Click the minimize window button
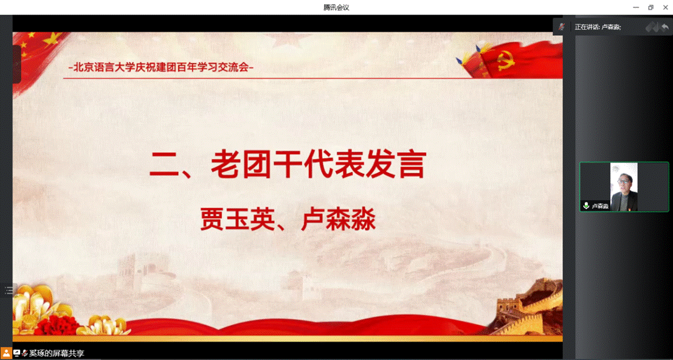pos(637,7)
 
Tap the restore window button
pos(651,7)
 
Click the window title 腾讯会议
pos(336,7)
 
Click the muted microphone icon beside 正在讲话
pos(561,27)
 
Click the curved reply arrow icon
pos(665,27)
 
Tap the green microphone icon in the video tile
pos(586,206)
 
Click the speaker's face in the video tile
pos(623,182)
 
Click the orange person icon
pos(6,353)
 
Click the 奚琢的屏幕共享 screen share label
pos(57,353)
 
